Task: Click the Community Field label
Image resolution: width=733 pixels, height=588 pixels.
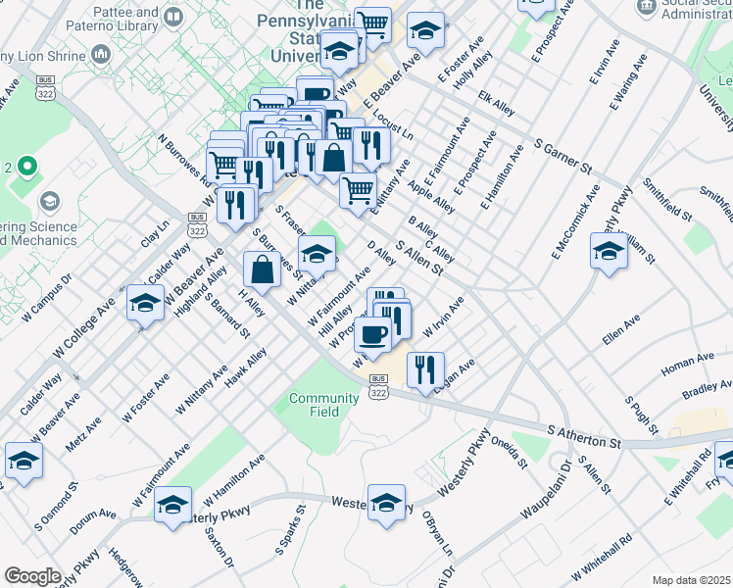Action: click(x=323, y=405)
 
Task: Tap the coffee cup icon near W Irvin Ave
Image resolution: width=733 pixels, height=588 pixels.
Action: click(x=372, y=335)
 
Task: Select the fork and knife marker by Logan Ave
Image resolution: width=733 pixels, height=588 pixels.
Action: click(x=425, y=369)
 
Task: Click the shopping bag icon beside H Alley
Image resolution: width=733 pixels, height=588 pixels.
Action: click(x=262, y=269)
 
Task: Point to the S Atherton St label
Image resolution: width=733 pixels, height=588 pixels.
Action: click(x=585, y=437)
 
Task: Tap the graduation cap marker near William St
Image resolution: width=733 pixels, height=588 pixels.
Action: click(x=609, y=251)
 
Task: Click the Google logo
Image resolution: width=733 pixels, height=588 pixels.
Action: click(x=33, y=576)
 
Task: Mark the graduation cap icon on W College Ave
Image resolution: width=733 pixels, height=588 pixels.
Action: click(x=145, y=303)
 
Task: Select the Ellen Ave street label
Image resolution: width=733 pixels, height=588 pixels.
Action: click(x=621, y=330)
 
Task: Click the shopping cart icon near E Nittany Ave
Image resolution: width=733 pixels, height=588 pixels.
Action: click(x=359, y=188)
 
